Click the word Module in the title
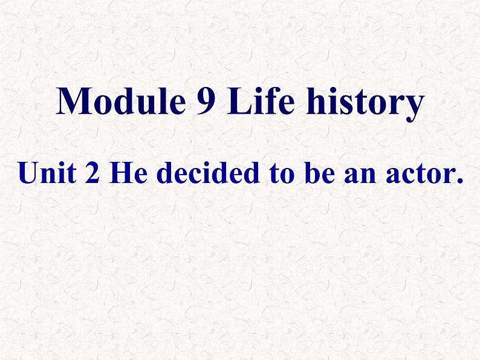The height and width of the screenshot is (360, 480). (x=121, y=101)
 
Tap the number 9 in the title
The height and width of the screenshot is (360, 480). (x=206, y=101)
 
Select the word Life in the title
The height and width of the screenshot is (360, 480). (x=261, y=100)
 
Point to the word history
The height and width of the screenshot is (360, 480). (x=365, y=103)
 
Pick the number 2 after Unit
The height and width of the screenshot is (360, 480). (x=92, y=173)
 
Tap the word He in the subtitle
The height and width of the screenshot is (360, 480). (x=128, y=173)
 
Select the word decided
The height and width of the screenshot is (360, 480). (x=208, y=172)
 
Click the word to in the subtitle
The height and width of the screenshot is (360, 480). (x=282, y=174)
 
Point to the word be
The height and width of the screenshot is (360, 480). (x=319, y=172)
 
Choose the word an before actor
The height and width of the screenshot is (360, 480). (x=360, y=176)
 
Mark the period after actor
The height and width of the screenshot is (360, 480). (x=459, y=181)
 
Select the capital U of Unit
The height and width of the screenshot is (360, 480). (x=30, y=173)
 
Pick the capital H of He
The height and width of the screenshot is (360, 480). (x=120, y=173)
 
